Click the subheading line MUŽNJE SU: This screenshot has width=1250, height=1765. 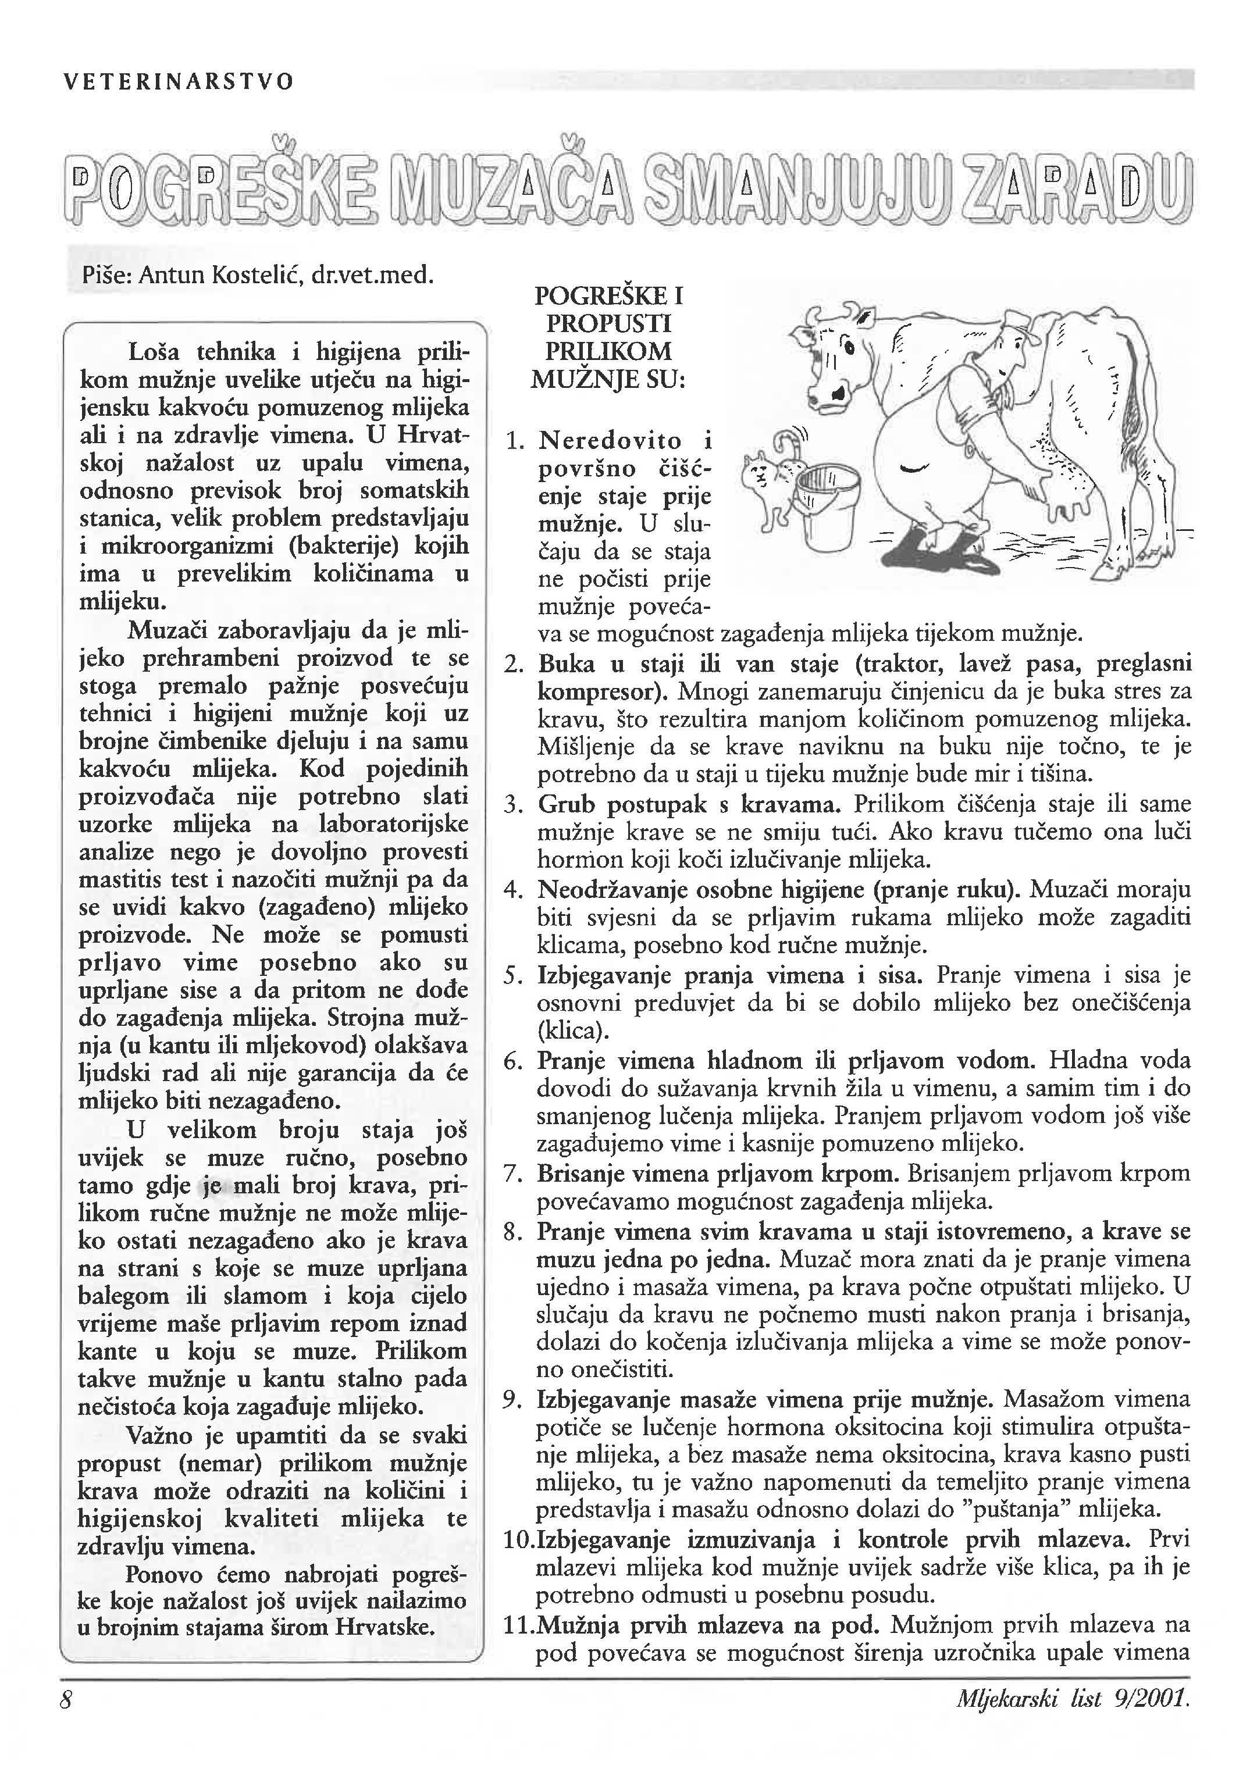(608, 379)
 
